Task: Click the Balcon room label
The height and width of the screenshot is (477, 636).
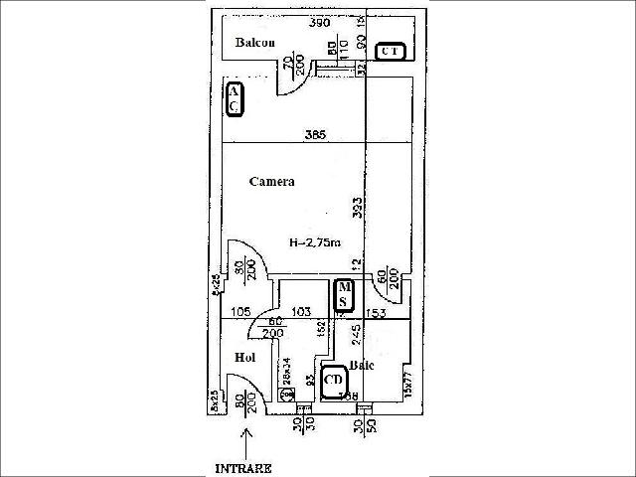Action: click(x=254, y=43)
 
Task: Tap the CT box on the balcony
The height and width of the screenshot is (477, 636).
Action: click(x=390, y=51)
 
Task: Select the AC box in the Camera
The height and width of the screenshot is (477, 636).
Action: click(x=234, y=99)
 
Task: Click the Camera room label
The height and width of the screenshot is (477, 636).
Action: click(x=271, y=182)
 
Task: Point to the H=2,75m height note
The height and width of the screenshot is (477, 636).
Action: click(x=315, y=241)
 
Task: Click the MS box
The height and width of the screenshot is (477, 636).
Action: click(x=344, y=295)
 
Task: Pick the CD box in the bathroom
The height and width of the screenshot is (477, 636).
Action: click(x=334, y=379)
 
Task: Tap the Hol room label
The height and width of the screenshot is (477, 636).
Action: click(x=245, y=357)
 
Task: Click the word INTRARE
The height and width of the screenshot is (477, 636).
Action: click(x=242, y=466)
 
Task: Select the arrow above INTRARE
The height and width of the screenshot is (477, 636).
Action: click(x=246, y=437)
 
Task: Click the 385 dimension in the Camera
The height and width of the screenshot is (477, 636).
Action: click(x=315, y=135)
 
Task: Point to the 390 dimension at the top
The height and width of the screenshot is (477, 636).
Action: click(x=319, y=22)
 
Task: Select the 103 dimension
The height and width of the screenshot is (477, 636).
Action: click(x=301, y=312)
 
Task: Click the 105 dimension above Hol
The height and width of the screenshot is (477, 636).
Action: click(x=238, y=312)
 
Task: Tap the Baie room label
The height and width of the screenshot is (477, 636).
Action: click(x=362, y=365)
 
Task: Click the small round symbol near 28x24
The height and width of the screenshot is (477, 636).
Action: click(x=287, y=395)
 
